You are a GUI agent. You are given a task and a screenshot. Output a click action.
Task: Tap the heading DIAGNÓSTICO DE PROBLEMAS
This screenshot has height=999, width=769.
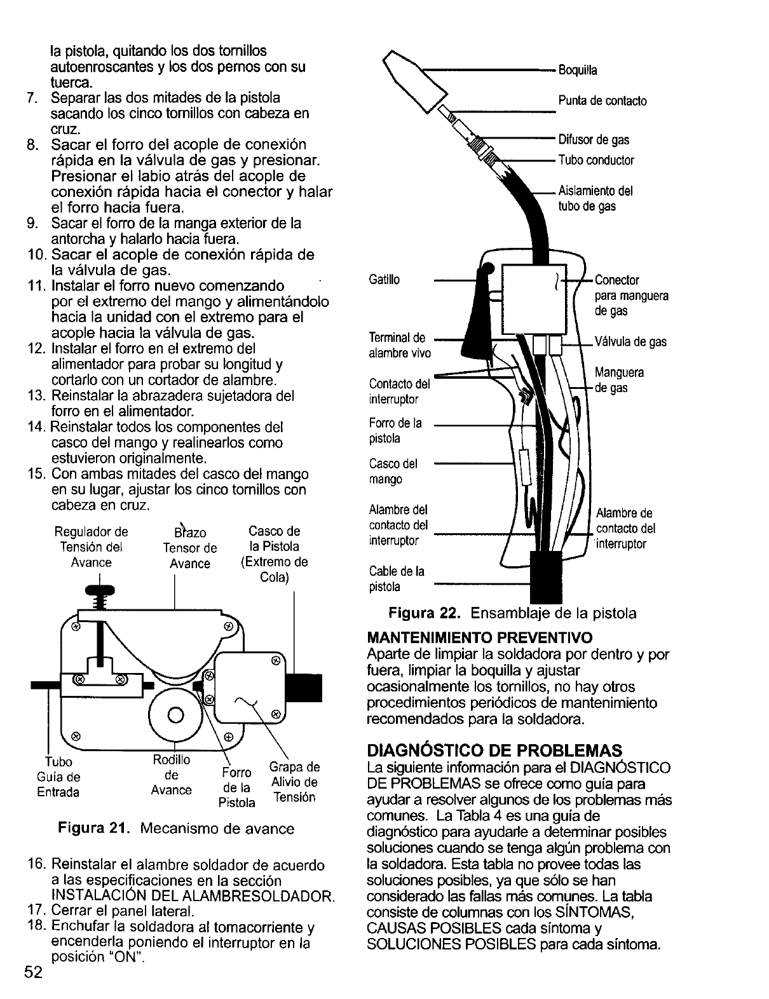(494, 750)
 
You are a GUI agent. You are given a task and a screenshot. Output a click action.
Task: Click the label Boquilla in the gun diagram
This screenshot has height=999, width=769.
(578, 70)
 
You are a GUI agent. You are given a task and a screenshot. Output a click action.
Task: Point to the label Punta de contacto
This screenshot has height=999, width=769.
(602, 101)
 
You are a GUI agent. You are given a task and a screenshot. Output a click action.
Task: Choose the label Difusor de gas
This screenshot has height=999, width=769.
(594, 140)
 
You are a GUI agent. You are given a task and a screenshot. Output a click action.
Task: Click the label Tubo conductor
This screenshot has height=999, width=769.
(596, 160)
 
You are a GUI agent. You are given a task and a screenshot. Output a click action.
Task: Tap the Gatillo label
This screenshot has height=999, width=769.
(384, 280)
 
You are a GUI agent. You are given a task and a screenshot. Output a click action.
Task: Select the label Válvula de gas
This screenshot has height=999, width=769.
(630, 342)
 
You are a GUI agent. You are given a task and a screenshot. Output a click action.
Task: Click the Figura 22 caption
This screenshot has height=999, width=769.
(512, 613)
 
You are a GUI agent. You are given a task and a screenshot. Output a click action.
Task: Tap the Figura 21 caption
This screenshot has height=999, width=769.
(176, 829)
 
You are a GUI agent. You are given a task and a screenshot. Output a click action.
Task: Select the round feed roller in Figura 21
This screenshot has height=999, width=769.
(176, 714)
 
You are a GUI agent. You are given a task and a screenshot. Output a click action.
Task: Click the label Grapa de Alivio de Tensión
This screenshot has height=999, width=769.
(294, 782)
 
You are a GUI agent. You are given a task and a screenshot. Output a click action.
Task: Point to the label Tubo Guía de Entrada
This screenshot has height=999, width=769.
(58, 777)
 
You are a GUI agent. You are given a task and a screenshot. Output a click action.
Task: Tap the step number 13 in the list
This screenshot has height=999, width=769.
(36, 396)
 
